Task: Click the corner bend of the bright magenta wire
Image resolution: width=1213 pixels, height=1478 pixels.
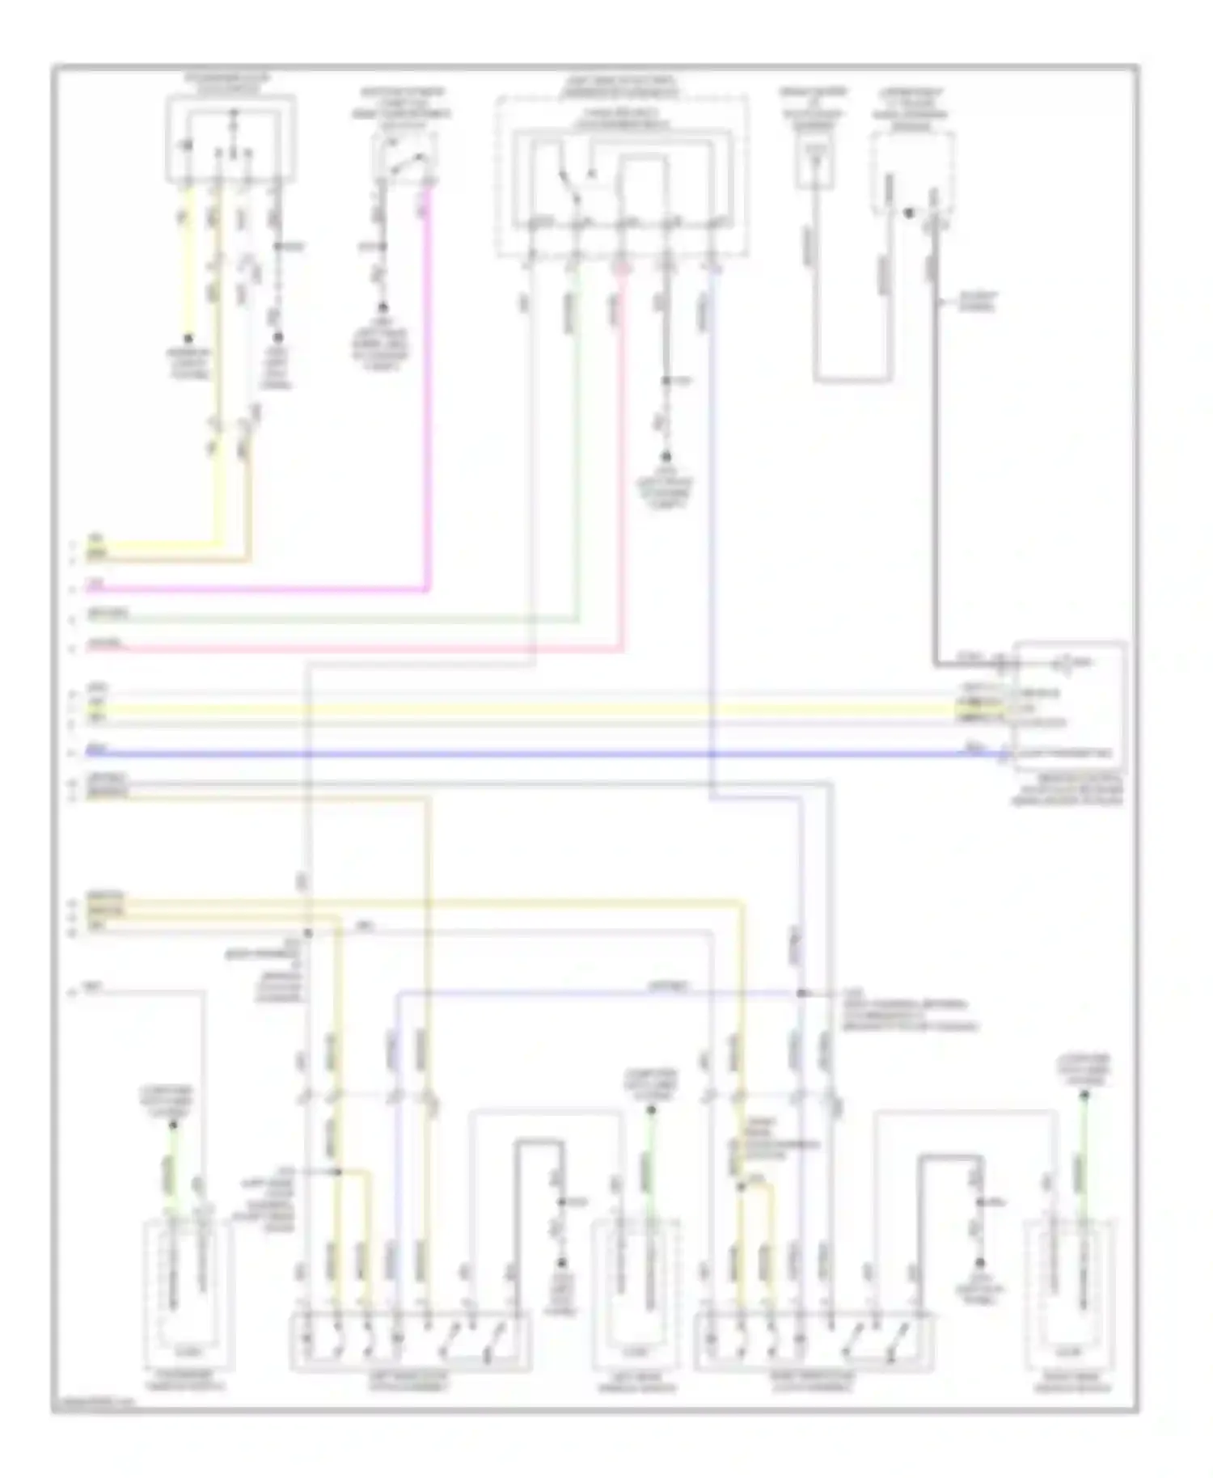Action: click(428, 589)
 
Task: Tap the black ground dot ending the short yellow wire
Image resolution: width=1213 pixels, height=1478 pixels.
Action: click(189, 340)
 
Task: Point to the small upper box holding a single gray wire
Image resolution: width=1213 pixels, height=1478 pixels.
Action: click(814, 161)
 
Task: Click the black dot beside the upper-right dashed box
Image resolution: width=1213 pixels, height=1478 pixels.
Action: click(909, 213)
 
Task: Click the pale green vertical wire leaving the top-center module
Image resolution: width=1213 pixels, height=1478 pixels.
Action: click(577, 445)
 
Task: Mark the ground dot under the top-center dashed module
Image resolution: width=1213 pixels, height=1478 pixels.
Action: click(667, 456)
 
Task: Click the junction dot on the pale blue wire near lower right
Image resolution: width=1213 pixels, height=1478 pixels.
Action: click(801, 993)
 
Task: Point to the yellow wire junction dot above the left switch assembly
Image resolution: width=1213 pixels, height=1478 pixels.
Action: click(338, 1171)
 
